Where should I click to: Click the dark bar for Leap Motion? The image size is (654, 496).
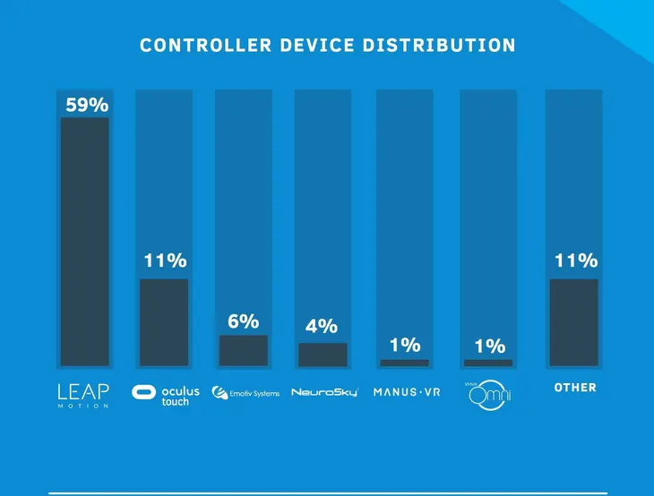(84, 242)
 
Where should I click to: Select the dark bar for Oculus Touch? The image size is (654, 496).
(164, 322)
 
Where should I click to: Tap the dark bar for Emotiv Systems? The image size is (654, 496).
(244, 351)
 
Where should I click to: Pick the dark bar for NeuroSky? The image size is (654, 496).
(323, 355)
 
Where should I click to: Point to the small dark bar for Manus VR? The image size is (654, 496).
(404, 363)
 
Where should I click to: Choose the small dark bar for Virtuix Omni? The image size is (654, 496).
(488, 363)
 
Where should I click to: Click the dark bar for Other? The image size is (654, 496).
(573, 322)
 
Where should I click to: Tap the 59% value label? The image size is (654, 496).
(87, 105)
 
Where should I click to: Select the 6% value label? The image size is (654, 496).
(243, 321)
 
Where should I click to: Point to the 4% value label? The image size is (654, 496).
(322, 327)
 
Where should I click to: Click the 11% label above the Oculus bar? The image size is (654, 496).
(165, 261)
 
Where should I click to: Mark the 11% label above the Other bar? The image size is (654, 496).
(575, 261)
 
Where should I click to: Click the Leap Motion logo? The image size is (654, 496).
(83, 394)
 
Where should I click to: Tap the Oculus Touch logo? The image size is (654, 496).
(166, 395)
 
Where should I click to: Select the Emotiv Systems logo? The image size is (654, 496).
(245, 393)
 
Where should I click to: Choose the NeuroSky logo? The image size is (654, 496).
(324, 392)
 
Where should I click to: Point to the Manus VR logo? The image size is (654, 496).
(407, 392)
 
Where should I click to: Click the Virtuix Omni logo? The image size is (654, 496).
(487, 394)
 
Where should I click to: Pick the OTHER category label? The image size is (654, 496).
(575, 388)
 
